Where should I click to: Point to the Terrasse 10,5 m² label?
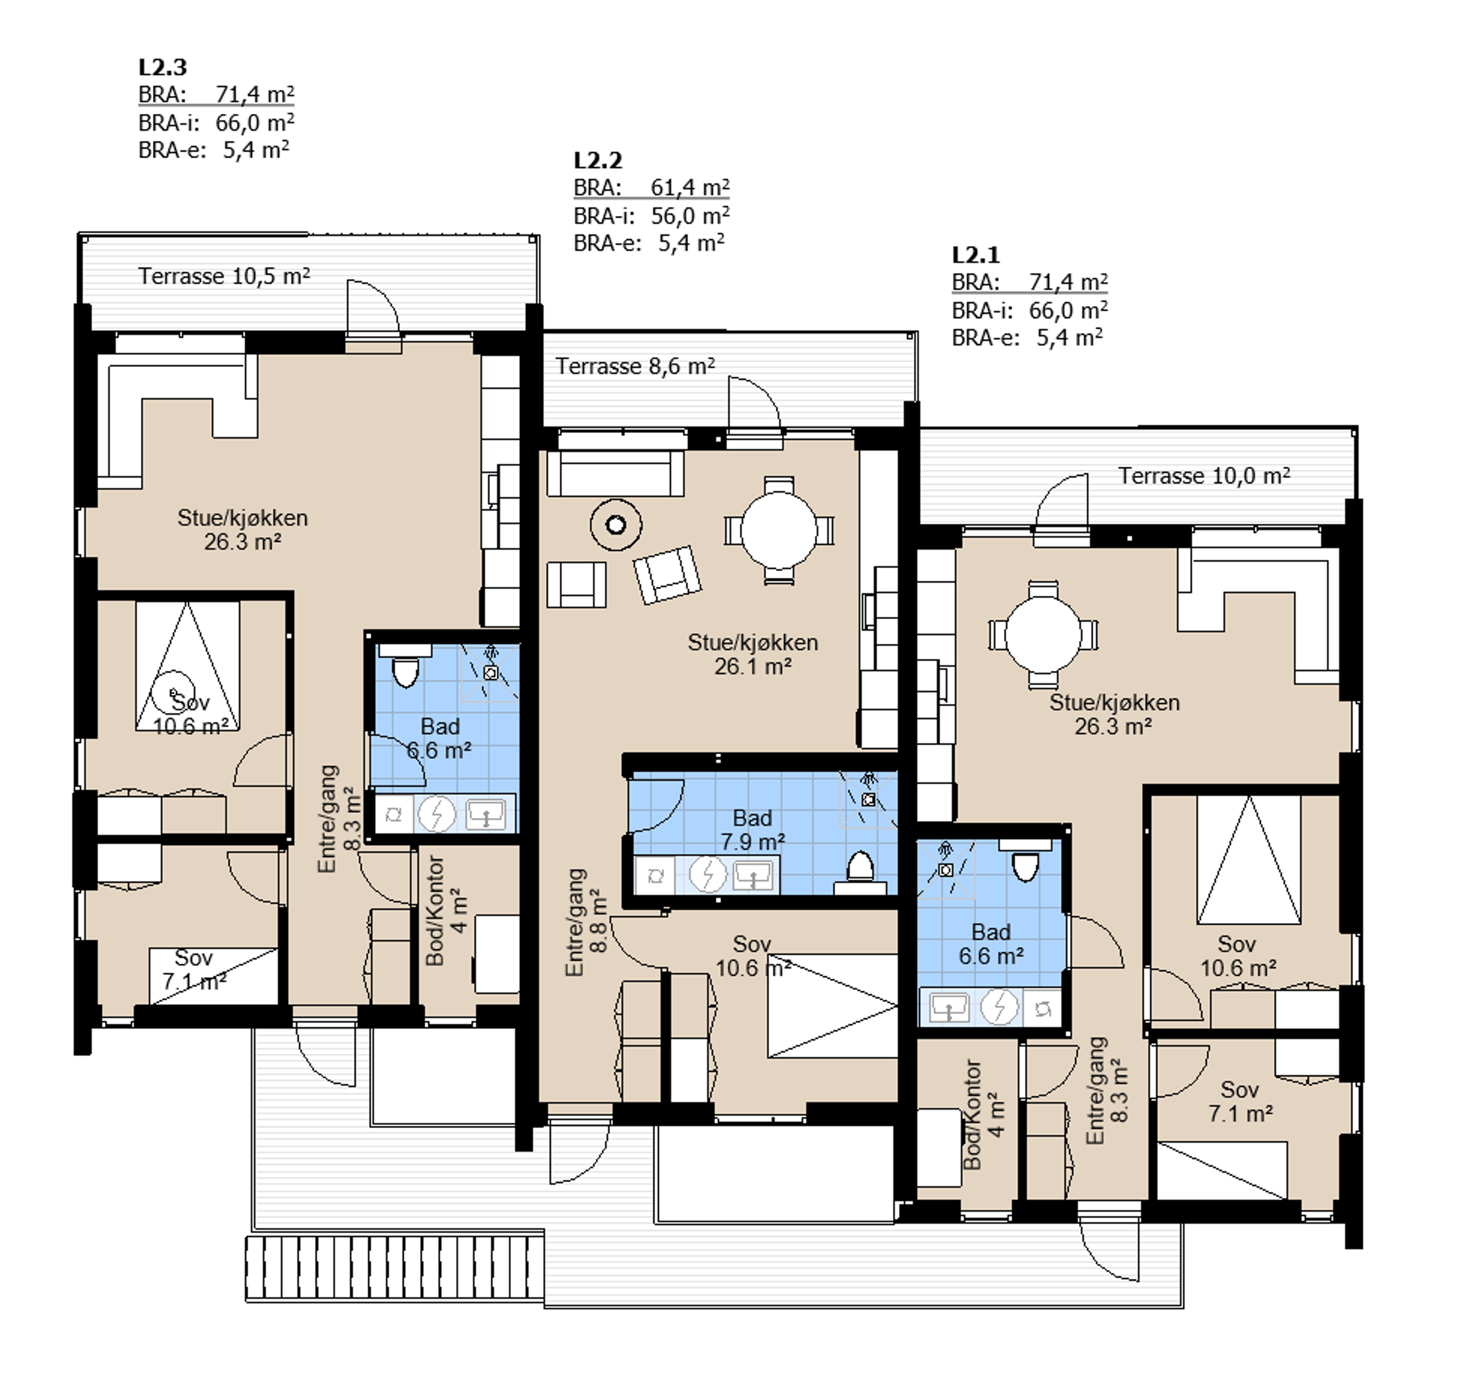224,276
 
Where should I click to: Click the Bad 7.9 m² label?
752,829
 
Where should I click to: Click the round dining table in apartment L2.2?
779,530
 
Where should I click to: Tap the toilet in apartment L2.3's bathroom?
405,665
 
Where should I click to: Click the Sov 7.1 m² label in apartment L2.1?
1240,1101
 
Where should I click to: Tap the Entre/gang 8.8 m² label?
586,922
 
